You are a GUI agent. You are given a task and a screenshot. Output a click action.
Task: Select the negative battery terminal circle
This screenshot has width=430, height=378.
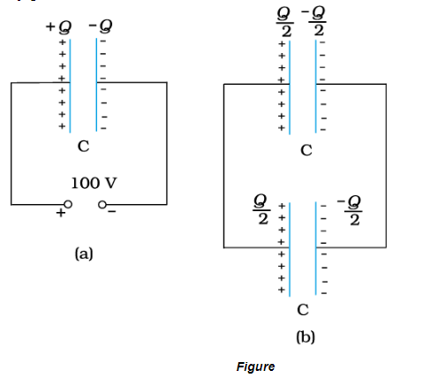tap(103, 205)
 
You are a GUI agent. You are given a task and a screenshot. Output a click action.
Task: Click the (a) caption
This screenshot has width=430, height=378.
tap(83, 253)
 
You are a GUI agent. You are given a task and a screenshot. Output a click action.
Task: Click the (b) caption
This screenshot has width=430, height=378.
tap(306, 336)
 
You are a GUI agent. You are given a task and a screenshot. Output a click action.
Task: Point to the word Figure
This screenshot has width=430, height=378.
tap(255, 366)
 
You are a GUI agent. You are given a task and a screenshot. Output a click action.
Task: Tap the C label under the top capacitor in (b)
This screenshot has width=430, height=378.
tap(306, 149)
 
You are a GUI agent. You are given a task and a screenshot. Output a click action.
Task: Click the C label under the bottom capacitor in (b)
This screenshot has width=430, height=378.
tap(303, 309)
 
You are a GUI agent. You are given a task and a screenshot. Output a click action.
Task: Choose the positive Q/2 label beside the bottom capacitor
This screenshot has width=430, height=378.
tap(262, 211)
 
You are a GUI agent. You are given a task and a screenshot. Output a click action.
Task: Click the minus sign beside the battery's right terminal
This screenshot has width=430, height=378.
tap(114, 211)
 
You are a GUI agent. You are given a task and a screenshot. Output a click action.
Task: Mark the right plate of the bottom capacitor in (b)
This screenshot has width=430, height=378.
tap(313, 247)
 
